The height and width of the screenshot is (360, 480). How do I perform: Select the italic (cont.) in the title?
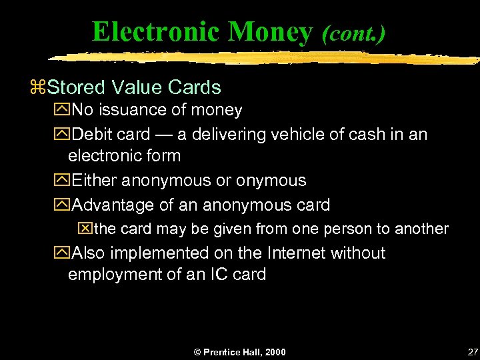[x=353, y=33]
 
